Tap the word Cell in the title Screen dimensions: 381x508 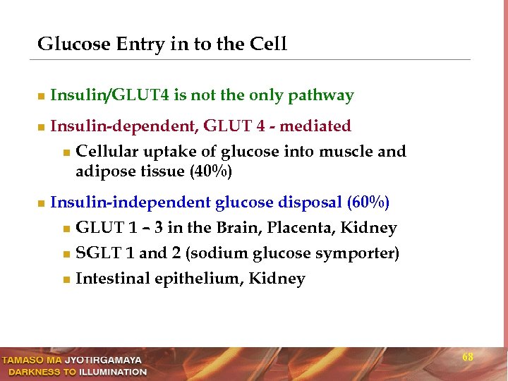coord(268,44)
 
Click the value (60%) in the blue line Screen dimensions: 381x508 coord(368,202)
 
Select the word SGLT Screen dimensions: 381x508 coord(95,253)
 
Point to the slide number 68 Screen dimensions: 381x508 coord(468,358)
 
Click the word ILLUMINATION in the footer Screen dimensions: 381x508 coord(113,372)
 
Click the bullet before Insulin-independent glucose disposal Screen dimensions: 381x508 coord(42,203)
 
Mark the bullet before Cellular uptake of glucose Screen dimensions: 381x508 coord(66,152)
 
